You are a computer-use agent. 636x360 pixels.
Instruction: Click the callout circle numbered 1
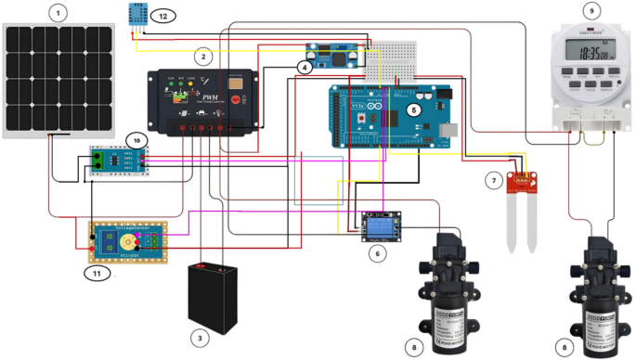tap(59, 13)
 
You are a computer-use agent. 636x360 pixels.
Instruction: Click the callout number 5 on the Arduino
tap(414, 109)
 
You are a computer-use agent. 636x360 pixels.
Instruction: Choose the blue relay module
tap(380, 225)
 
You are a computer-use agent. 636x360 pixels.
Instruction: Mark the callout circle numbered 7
tap(495, 179)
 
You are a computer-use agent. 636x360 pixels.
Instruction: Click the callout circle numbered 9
tap(591, 10)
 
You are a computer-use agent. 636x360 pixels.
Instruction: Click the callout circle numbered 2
tap(200, 56)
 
